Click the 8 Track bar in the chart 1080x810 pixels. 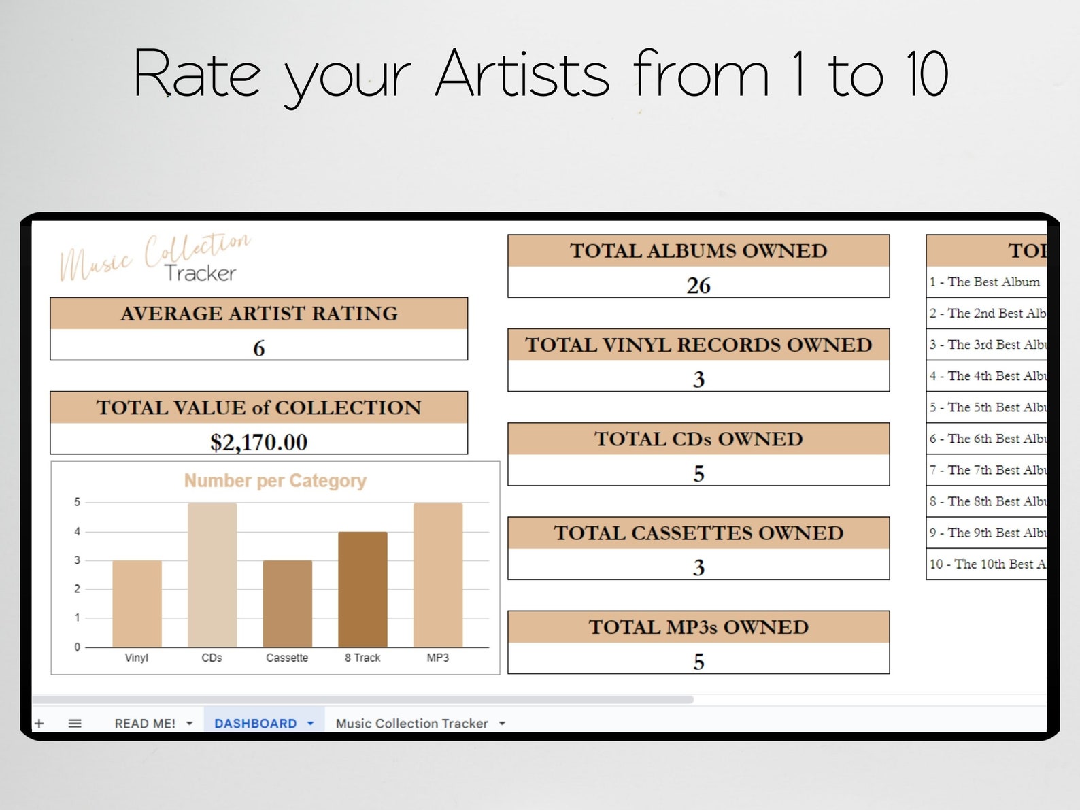(x=362, y=589)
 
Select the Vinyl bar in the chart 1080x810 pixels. (x=137, y=603)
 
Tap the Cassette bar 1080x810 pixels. (x=287, y=603)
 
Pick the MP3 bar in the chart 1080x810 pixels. (x=438, y=575)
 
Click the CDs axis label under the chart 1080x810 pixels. (x=212, y=658)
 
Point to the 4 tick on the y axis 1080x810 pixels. (x=77, y=531)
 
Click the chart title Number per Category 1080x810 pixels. (x=275, y=481)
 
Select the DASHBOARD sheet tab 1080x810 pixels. (x=256, y=723)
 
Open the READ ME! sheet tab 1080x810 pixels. (x=145, y=723)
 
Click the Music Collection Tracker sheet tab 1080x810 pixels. (x=412, y=723)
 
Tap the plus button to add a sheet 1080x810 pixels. (x=39, y=723)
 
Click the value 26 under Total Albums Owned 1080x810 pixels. (x=698, y=285)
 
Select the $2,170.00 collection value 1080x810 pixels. (x=258, y=442)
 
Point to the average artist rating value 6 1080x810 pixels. (x=258, y=348)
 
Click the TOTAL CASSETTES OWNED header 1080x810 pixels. (x=698, y=533)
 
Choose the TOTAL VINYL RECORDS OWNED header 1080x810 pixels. (x=698, y=345)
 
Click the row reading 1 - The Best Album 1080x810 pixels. (x=985, y=282)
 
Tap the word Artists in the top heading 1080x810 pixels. (x=522, y=73)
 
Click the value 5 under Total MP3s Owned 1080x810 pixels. (x=698, y=661)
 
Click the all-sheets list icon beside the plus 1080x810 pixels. (x=75, y=723)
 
